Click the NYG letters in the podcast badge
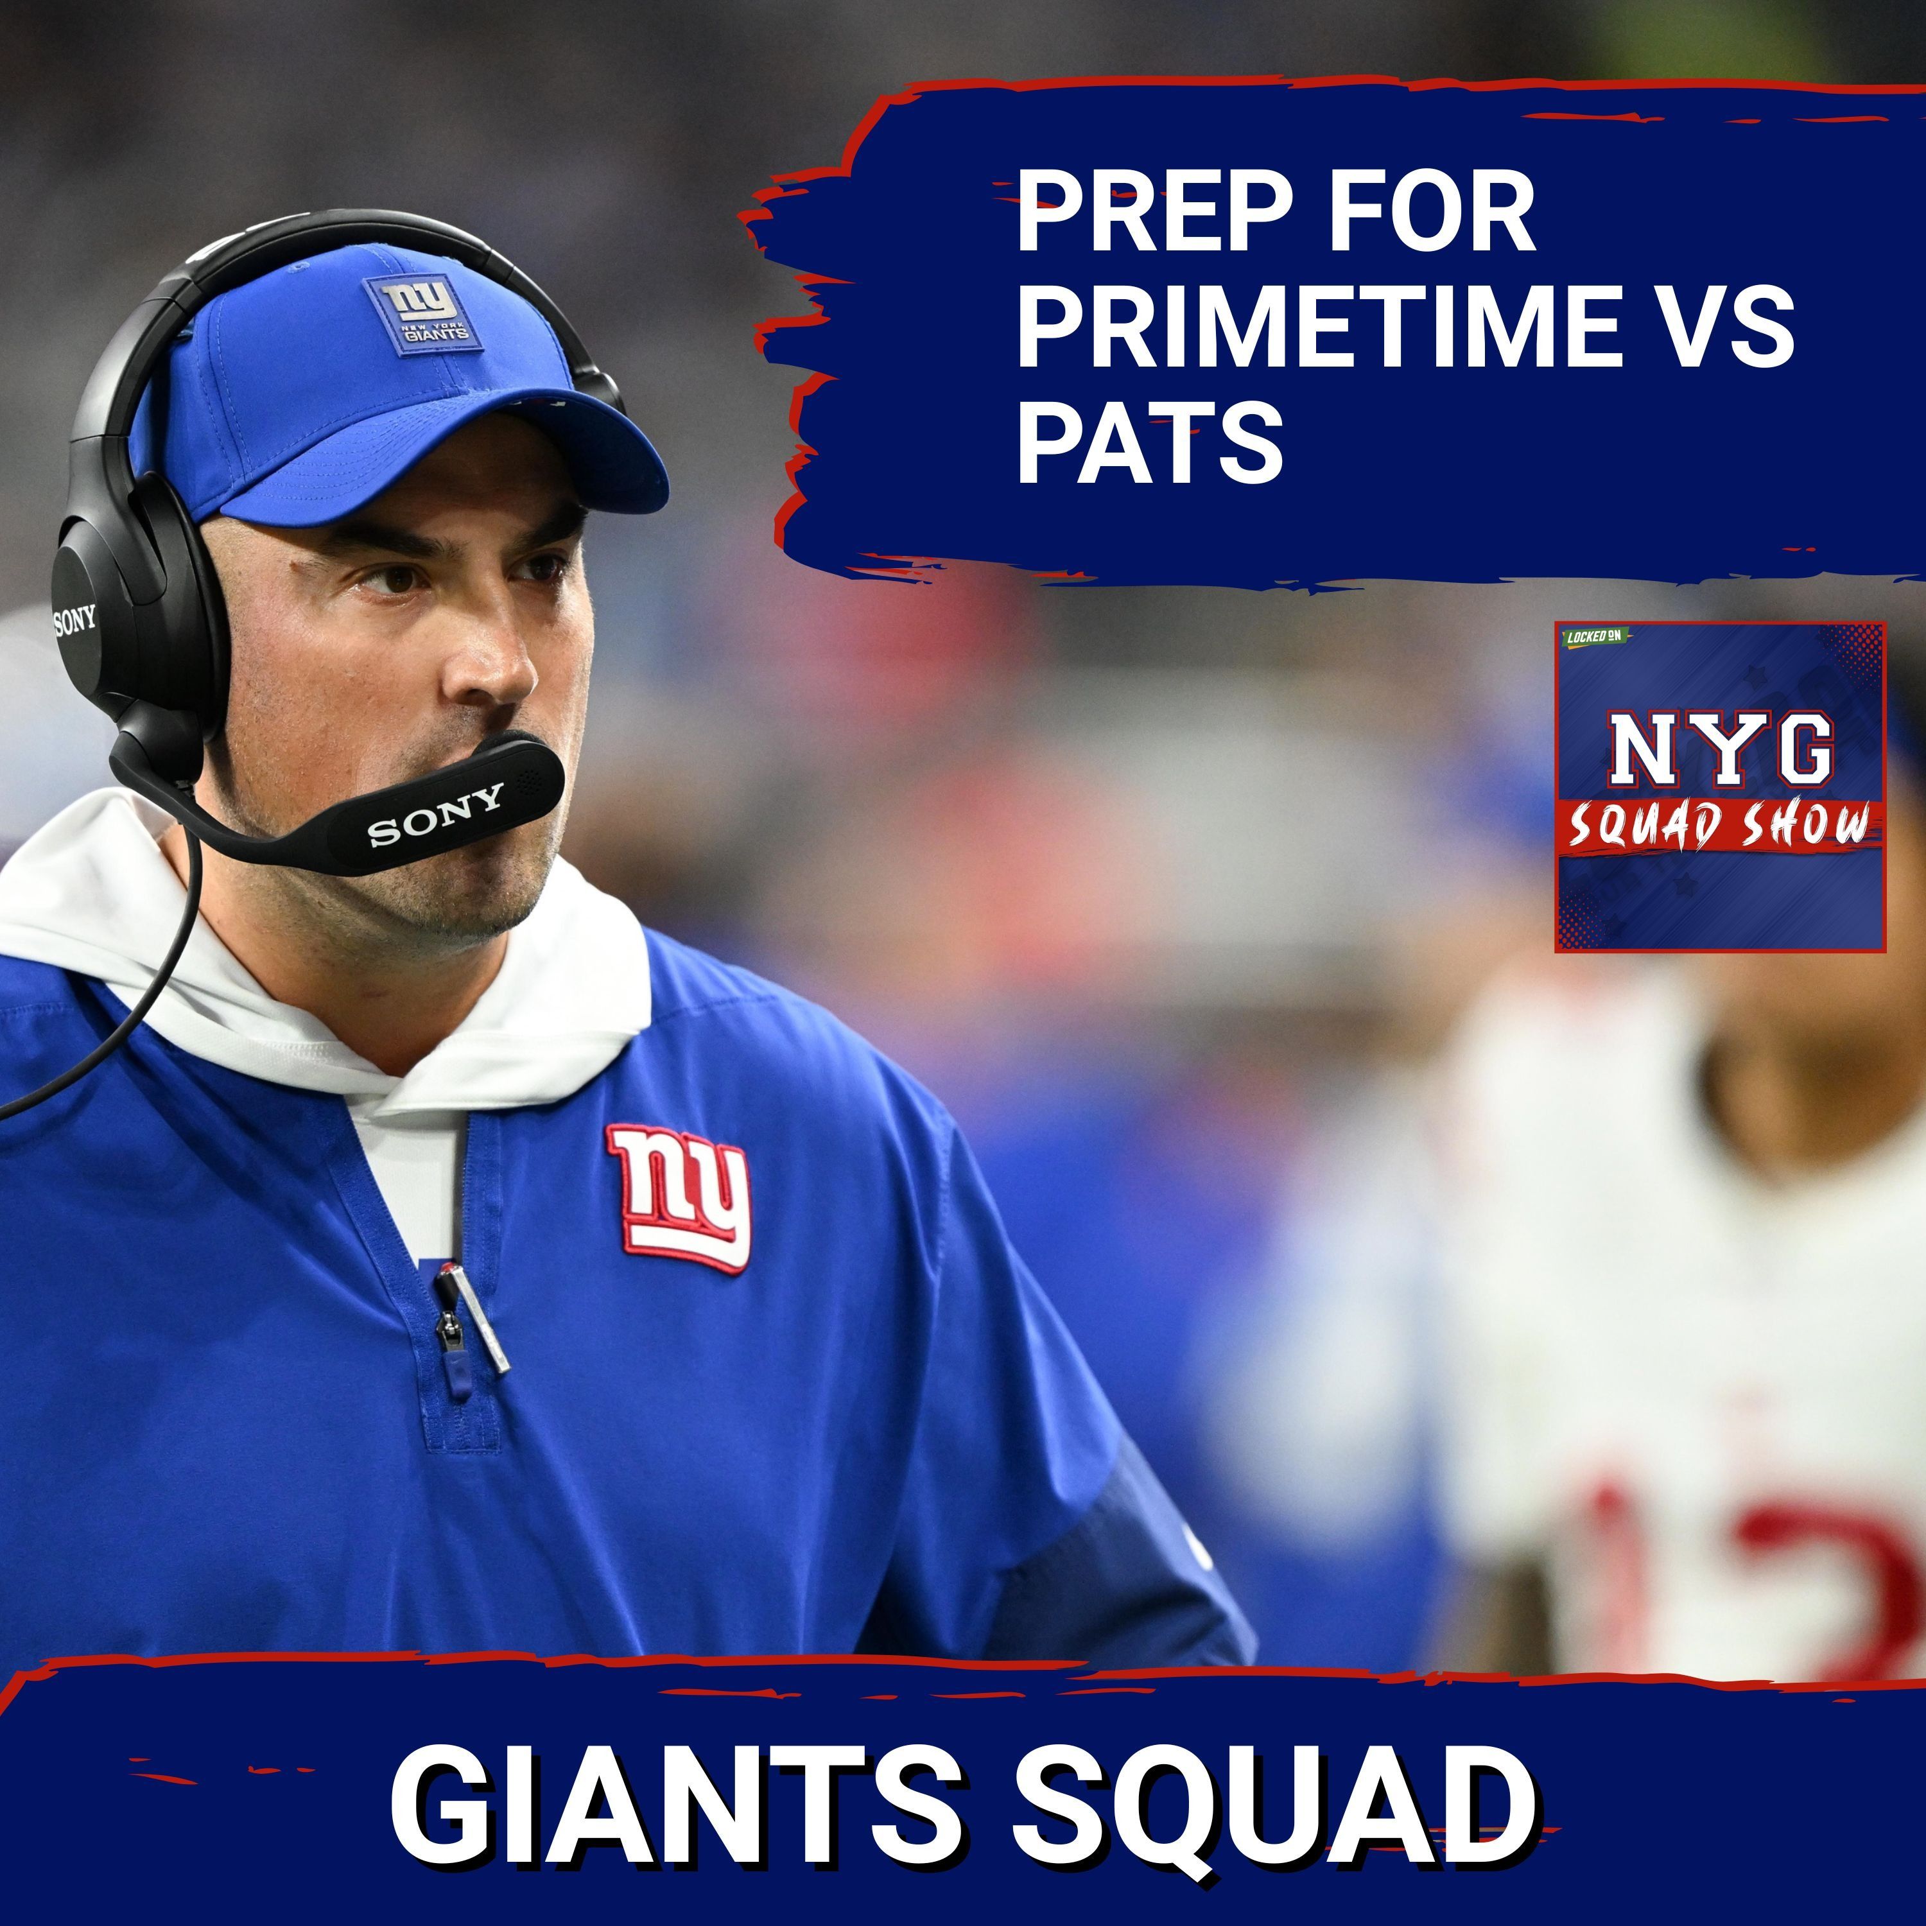[1720, 748]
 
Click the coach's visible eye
[399, 578]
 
